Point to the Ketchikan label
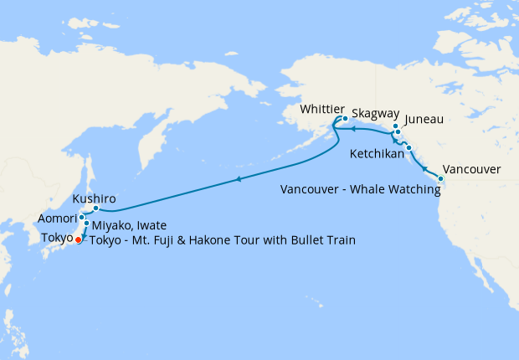click(x=377, y=154)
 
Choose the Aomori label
click(x=58, y=219)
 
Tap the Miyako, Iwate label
click(x=130, y=225)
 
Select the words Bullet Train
click(x=323, y=240)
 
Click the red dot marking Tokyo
click(x=79, y=240)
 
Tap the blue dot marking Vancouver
click(x=441, y=179)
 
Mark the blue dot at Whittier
click(x=345, y=118)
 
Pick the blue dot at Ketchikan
click(x=409, y=148)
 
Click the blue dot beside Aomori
click(x=81, y=218)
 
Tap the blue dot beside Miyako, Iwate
click(x=86, y=224)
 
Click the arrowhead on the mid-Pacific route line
click(x=239, y=179)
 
